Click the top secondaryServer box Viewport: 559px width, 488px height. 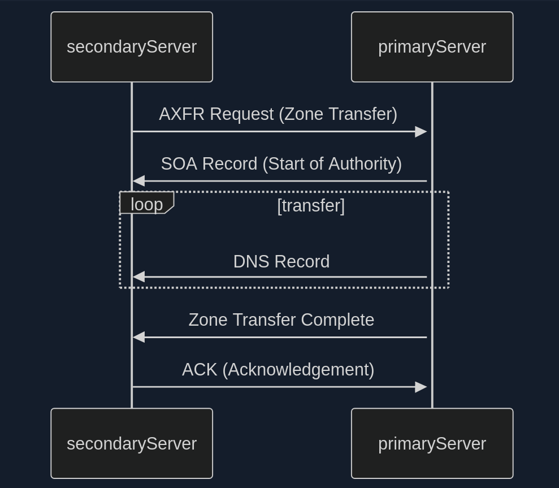132,47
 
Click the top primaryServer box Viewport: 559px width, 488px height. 432,47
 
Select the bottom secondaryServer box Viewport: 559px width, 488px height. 132,443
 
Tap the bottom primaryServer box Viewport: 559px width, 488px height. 432,443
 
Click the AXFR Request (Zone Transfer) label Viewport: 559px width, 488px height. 278,114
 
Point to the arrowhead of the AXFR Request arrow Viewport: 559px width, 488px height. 421,132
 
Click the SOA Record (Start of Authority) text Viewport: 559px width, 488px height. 281,164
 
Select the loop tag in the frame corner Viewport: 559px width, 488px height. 146,204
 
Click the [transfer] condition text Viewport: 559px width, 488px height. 311,206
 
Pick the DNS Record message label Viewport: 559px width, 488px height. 281,262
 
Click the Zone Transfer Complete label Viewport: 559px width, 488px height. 281,320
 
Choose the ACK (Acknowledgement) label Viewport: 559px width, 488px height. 278,370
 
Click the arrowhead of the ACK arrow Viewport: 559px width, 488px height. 421,387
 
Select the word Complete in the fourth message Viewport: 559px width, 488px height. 337,320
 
